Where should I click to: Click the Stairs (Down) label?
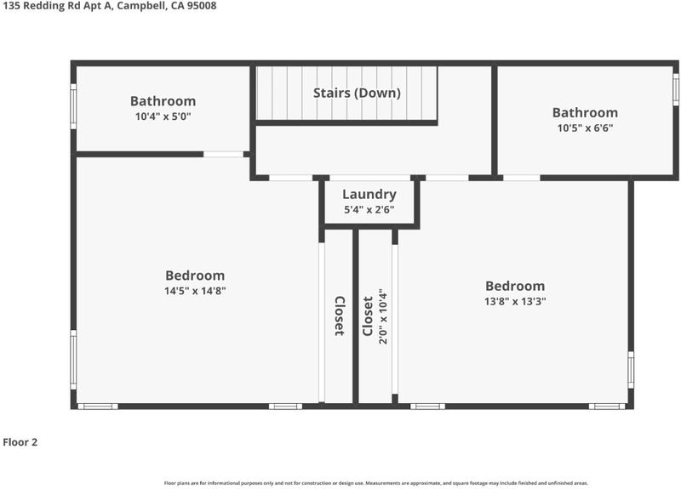[x=357, y=93]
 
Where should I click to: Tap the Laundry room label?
[x=369, y=195]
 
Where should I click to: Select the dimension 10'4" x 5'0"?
[x=163, y=117]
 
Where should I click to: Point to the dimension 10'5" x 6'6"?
[x=585, y=128]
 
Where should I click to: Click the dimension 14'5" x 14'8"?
[x=195, y=291]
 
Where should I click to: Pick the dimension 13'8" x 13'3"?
[x=515, y=301]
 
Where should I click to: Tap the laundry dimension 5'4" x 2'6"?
[x=369, y=209]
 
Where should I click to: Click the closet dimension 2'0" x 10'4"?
[x=383, y=316]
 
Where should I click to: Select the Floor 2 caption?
[x=20, y=442]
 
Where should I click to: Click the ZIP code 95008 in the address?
[x=202, y=6]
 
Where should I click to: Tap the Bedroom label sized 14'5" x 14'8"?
[x=195, y=276]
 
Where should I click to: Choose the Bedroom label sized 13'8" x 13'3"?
[x=515, y=286]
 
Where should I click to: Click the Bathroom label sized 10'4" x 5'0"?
[x=163, y=101]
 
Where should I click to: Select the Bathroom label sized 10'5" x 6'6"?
[x=585, y=112]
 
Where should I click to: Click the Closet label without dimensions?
[x=340, y=316]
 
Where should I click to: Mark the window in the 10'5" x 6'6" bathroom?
[x=676, y=89]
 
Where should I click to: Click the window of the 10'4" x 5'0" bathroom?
[x=73, y=106]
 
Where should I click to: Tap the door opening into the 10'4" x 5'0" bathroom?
[x=224, y=154]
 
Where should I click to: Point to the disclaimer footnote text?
[x=376, y=483]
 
